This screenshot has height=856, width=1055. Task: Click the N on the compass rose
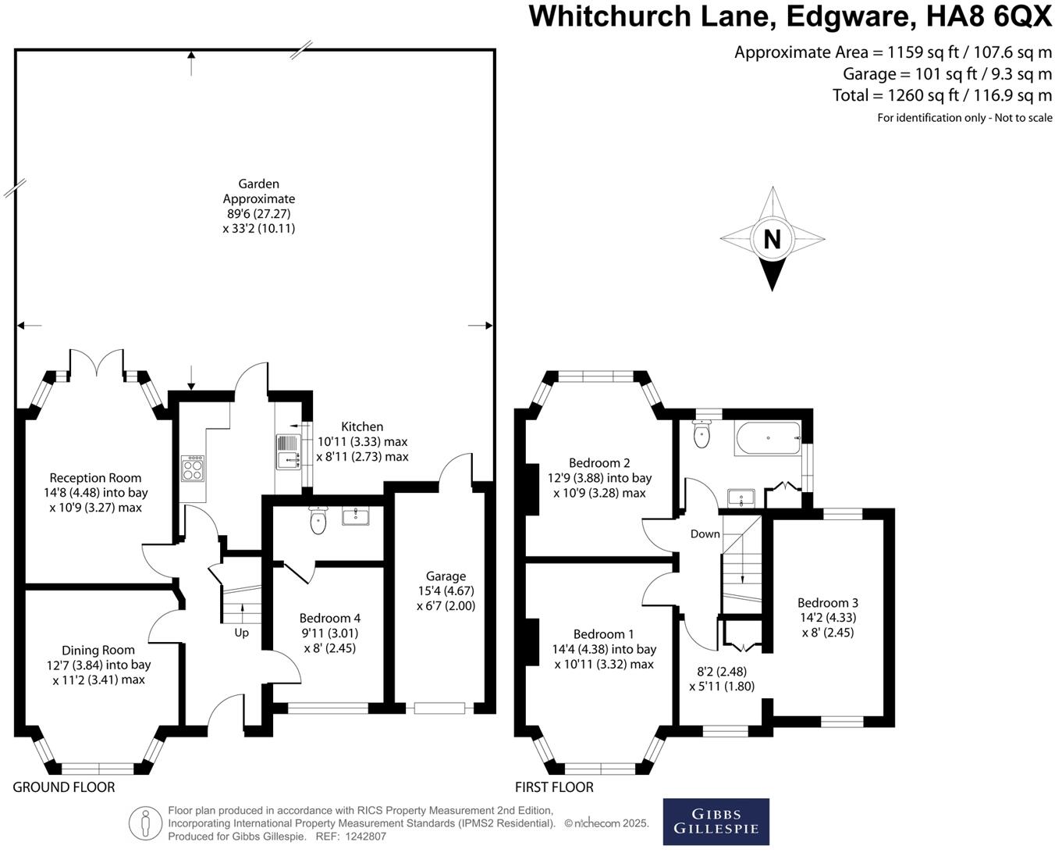(x=772, y=239)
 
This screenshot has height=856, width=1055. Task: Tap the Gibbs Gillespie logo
(x=716, y=821)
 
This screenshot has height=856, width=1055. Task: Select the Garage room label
(x=446, y=576)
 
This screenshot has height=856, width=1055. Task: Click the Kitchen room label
(x=362, y=426)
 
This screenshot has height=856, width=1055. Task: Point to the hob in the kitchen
(x=193, y=469)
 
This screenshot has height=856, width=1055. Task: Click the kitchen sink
(x=287, y=452)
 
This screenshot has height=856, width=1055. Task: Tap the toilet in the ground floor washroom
(x=318, y=521)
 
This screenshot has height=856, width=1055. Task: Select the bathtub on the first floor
(x=767, y=439)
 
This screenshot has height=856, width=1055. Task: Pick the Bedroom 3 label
(x=828, y=603)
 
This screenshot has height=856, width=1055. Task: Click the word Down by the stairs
(x=705, y=534)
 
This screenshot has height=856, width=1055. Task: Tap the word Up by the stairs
(x=242, y=633)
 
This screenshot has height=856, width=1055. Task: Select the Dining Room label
(x=98, y=650)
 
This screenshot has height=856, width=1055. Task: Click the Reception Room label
(x=95, y=478)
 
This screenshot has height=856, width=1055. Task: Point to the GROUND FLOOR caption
(x=64, y=787)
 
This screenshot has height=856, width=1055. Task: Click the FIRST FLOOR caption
(x=554, y=787)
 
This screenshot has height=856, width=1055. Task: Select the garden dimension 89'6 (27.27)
(x=259, y=214)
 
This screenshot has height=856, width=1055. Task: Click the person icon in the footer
(x=145, y=823)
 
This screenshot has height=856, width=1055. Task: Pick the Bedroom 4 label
(x=329, y=619)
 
